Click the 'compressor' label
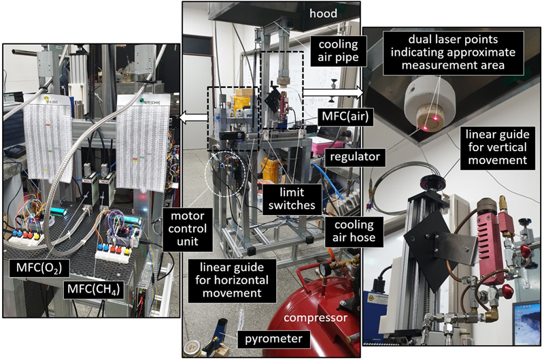pyautogui.click(x=313, y=317)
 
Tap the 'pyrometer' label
pyautogui.click(x=269, y=338)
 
